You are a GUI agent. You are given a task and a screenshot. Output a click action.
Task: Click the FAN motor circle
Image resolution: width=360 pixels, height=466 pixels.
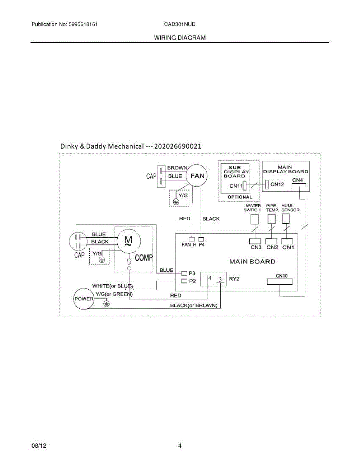pyautogui.click(x=197, y=176)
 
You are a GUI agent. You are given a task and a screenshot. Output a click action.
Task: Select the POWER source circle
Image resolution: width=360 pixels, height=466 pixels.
pyautogui.click(x=85, y=299)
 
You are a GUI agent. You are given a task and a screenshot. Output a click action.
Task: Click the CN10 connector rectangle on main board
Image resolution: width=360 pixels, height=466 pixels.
pyautogui.click(x=280, y=282)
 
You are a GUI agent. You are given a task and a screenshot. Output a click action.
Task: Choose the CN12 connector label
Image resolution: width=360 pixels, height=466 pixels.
pyautogui.click(x=277, y=184)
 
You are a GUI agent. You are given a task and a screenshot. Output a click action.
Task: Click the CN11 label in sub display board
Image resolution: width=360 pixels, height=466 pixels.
pyautogui.click(x=236, y=186)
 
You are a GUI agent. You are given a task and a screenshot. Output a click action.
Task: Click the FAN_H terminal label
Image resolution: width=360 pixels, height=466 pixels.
pyautogui.click(x=189, y=245)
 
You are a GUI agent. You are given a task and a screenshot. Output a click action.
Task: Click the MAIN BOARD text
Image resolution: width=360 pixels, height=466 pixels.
pyautogui.click(x=252, y=261)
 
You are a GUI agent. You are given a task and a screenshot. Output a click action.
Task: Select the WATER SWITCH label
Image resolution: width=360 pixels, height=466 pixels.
pyautogui.click(x=252, y=208)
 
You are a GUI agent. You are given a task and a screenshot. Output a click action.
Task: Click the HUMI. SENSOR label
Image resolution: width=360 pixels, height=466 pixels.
pyautogui.click(x=290, y=208)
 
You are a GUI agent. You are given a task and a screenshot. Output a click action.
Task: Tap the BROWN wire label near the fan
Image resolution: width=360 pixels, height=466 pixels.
pyautogui.click(x=177, y=168)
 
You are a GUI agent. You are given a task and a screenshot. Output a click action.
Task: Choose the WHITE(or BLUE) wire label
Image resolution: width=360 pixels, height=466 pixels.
pyautogui.click(x=113, y=286)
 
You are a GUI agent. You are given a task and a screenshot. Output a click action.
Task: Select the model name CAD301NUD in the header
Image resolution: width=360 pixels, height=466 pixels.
pyautogui.click(x=180, y=24)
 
